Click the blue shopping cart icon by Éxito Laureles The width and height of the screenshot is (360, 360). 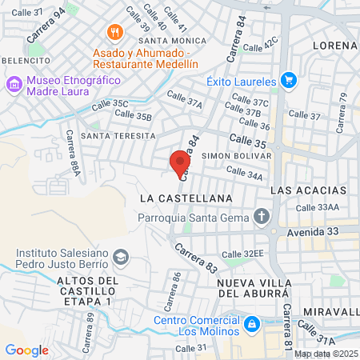pos(289,81)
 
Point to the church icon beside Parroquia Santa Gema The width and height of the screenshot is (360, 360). pos(261,217)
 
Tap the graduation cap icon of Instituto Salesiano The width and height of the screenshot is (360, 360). pos(120,257)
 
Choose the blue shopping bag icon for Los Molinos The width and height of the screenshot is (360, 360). pos(252,325)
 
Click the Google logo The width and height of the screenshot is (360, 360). pos(26,350)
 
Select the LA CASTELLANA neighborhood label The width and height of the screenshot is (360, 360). pos(185,197)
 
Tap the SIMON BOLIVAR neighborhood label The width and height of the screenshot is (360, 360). pos(232,154)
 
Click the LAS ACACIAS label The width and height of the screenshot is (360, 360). pos(309,191)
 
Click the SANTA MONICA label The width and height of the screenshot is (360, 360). pos(167,40)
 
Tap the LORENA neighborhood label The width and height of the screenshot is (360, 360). pos(334,45)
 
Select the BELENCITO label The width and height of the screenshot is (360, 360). pos(23,60)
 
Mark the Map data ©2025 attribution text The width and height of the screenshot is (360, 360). pos(326,354)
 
